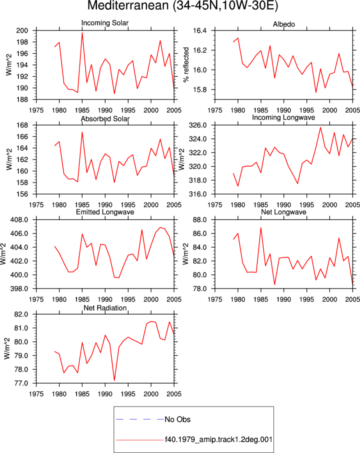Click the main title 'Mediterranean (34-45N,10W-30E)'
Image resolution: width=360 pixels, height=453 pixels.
tap(182, 6)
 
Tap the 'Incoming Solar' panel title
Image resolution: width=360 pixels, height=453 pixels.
tap(105, 23)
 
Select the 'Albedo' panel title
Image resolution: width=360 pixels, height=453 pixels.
tap(283, 24)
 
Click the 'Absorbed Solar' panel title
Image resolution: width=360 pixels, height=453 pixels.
tap(105, 118)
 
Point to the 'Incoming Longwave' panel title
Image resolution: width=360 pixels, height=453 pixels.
tap(283, 117)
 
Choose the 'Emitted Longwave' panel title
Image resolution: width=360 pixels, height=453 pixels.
tap(105, 212)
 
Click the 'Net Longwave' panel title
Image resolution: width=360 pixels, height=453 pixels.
tap(283, 212)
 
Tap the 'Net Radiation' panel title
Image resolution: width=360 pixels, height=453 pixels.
tap(105, 308)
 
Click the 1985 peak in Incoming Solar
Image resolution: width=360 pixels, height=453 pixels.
tap(82, 32)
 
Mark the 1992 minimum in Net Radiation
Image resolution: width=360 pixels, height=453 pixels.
tap(114, 380)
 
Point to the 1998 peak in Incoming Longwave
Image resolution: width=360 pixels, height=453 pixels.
tap(320, 127)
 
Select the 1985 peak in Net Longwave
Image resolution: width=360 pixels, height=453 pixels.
tap(261, 227)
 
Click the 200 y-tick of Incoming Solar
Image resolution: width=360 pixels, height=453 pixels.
tap(22, 30)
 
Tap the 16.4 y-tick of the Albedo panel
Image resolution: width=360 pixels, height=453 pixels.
tap(200, 30)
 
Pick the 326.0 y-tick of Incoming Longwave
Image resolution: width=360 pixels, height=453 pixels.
tap(198, 125)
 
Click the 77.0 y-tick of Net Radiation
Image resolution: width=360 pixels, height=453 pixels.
tap(21, 383)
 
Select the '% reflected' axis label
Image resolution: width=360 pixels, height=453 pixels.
tap(186, 64)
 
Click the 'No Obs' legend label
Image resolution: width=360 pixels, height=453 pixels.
tap(177, 419)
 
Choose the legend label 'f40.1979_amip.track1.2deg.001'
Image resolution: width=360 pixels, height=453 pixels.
tap(218, 439)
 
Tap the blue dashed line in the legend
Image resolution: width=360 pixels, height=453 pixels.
tap(140, 419)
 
